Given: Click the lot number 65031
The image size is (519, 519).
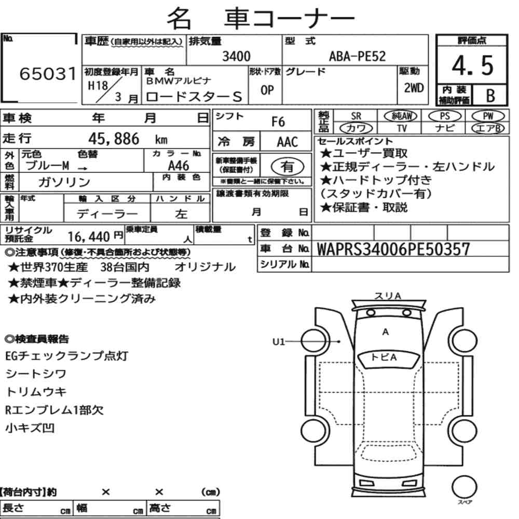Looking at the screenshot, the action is [48, 74].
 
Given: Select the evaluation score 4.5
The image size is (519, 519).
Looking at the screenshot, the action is [472, 65].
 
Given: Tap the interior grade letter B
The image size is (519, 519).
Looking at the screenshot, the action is [490, 95].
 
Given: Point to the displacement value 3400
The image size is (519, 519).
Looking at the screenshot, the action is [236, 56].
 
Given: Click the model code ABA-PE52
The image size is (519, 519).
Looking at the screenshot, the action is [357, 56].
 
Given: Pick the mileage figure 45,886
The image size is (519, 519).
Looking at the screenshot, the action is [114, 139].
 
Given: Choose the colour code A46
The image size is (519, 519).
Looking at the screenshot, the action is [179, 166].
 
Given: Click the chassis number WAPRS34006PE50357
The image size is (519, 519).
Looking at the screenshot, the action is [393, 249].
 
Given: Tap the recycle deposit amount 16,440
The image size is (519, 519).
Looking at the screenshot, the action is [88, 237].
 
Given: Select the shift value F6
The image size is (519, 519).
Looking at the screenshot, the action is [278, 121].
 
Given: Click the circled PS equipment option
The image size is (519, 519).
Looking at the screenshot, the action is [445, 116].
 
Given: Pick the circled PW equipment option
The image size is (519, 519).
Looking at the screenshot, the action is [488, 116].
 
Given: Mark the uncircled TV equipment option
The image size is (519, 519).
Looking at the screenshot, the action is [402, 128].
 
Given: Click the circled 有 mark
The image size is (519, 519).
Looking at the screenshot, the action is [287, 167].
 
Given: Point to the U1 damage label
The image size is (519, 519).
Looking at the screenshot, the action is [278, 342].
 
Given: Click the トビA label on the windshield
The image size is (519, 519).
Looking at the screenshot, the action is [384, 357].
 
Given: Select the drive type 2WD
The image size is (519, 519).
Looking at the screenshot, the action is [414, 88].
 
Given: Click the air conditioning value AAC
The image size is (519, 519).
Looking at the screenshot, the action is [287, 142].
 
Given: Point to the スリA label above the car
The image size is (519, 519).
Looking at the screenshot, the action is [387, 296].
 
